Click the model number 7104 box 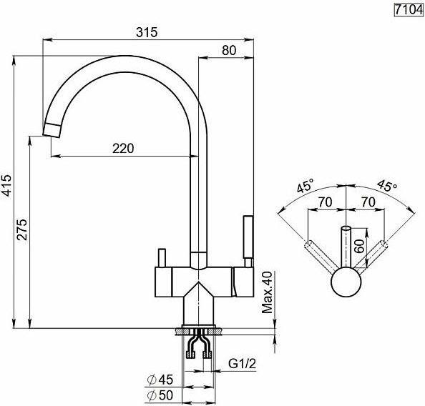[x=409, y=10]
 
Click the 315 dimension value [x=147, y=32]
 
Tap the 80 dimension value [x=229, y=50]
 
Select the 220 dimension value [x=123, y=149]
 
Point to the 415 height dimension [x=6, y=186]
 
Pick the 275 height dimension [x=21, y=229]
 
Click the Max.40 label [x=267, y=292]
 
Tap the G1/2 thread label [x=242, y=364]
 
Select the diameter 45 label [x=160, y=380]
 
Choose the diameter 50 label [x=160, y=395]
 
